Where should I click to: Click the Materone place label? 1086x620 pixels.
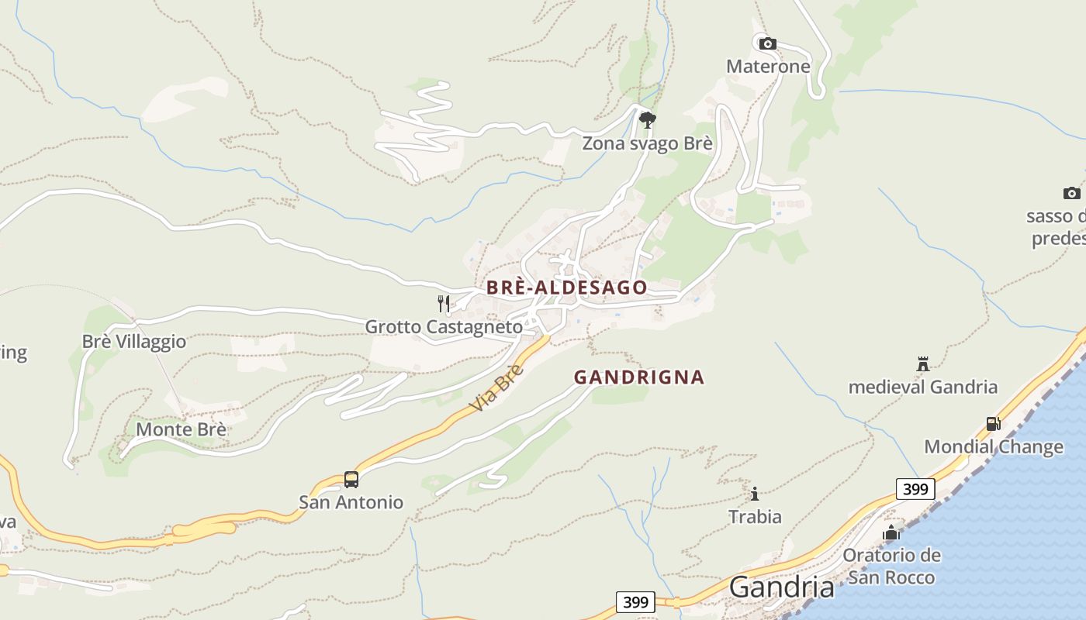(x=768, y=67)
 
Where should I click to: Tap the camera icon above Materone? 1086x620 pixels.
(x=767, y=43)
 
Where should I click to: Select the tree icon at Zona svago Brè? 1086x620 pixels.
(x=648, y=119)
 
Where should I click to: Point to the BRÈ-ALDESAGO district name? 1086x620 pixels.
(x=566, y=288)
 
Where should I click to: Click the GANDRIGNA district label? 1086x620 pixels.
(x=639, y=377)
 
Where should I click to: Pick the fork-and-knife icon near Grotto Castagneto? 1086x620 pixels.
(x=444, y=303)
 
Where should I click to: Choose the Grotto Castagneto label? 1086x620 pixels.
(x=444, y=327)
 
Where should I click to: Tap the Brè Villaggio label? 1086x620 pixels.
(x=134, y=342)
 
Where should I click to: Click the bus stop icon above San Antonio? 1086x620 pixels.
(x=351, y=480)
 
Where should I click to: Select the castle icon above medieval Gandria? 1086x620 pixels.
(x=923, y=363)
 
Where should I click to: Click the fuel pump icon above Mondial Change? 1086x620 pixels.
(x=993, y=424)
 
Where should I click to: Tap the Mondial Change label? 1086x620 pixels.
(x=994, y=447)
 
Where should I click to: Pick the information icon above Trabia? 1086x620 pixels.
(x=755, y=494)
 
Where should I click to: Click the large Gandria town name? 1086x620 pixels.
(x=782, y=587)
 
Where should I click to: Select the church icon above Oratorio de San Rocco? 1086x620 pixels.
(x=891, y=532)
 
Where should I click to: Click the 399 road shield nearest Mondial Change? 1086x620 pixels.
(x=915, y=489)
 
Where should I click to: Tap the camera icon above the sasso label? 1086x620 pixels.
(x=1071, y=193)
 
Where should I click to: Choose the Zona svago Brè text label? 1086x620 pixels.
(x=647, y=144)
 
